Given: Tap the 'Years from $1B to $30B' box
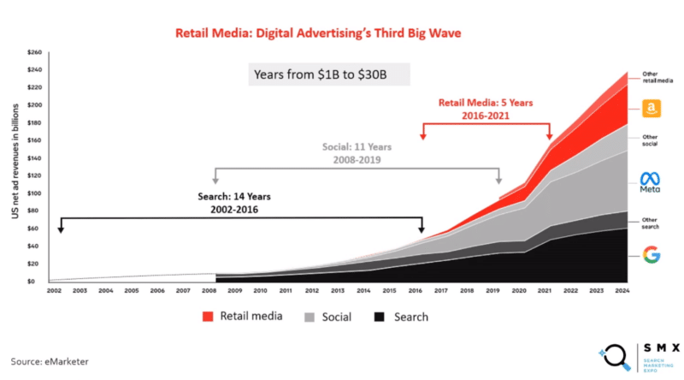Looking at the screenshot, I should [x=325, y=74].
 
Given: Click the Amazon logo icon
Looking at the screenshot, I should [x=651, y=109].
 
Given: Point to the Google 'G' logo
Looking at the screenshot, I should [x=651, y=253].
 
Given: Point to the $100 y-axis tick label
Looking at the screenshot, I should [x=33, y=193].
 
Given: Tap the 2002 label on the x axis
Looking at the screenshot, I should [x=53, y=292].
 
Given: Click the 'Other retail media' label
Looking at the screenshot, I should [x=657, y=77].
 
